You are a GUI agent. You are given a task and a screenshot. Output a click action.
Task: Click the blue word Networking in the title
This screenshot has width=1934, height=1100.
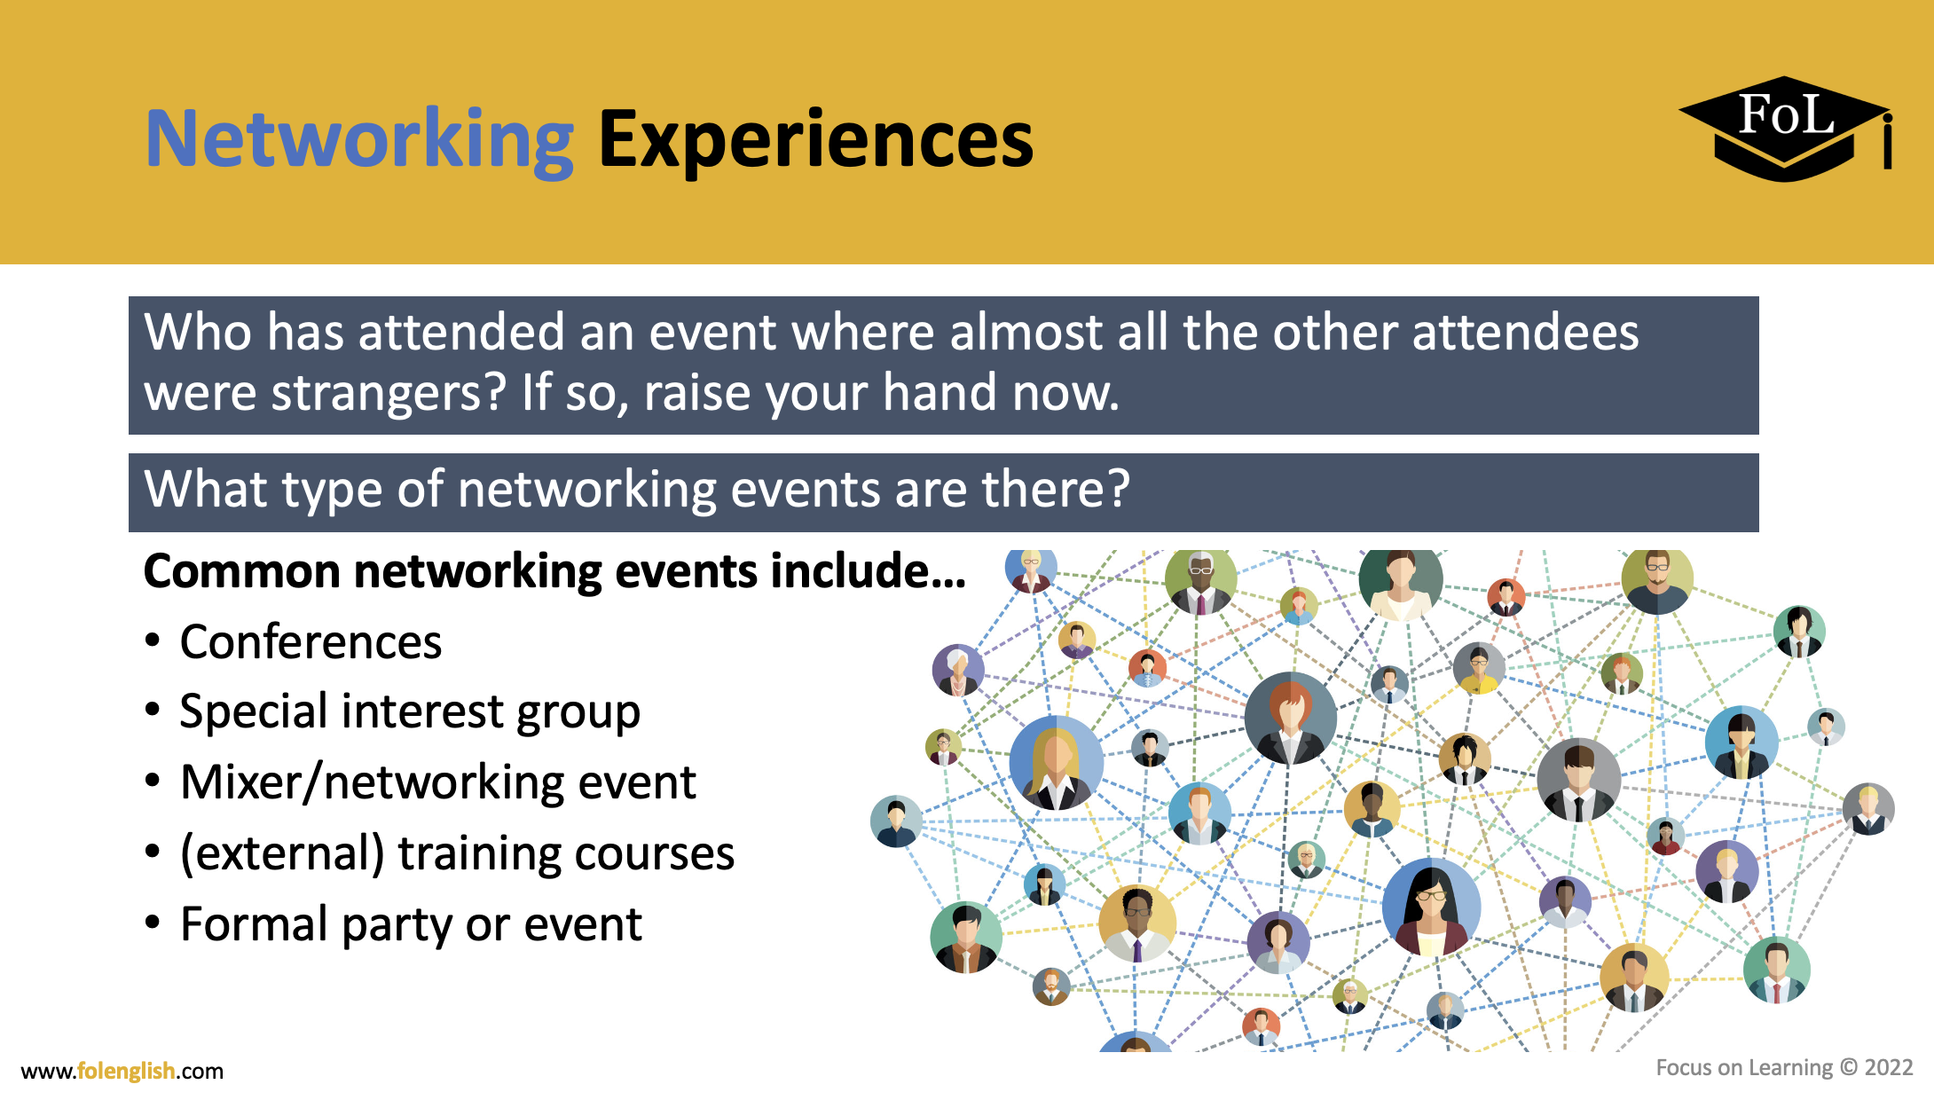click(x=359, y=139)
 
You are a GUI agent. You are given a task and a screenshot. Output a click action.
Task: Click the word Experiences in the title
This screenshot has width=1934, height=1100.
click(x=815, y=139)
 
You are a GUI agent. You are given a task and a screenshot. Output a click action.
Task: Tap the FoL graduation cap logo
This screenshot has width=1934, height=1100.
click(x=1785, y=129)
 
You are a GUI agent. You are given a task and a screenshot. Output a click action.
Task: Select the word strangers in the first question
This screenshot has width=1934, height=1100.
click(x=387, y=393)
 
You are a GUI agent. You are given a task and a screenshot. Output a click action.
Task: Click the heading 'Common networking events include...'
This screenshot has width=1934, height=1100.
click(x=554, y=571)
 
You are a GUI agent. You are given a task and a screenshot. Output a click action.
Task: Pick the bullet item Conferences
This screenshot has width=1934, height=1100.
click(x=311, y=642)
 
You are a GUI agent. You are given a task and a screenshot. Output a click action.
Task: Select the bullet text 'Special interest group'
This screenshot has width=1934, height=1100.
click(x=409, y=712)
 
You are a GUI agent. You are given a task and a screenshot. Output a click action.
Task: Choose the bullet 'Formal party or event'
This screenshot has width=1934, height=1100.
click(x=411, y=924)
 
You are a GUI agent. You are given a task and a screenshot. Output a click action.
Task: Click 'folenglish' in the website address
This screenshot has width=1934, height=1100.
click(x=126, y=1071)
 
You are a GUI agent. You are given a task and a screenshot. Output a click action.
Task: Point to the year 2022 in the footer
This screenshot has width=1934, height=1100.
click(x=1889, y=1067)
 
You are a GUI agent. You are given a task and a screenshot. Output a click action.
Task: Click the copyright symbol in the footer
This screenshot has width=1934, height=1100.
click(x=1848, y=1067)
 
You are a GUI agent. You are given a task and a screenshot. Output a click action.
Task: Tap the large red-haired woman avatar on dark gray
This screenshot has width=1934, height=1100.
click(x=1290, y=719)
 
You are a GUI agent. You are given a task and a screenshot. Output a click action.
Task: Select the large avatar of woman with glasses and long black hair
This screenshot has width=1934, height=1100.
click(x=1431, y=907)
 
